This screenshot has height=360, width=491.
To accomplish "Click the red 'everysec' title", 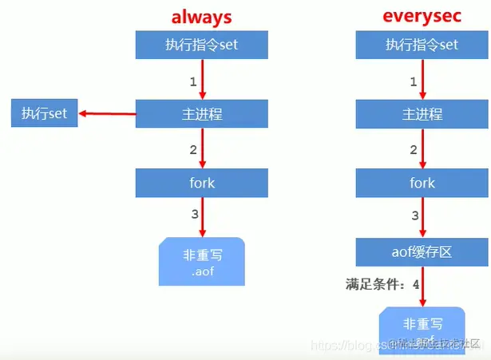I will click(x=422, y=17).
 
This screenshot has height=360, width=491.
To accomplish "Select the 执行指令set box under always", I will click(x=201, y=45).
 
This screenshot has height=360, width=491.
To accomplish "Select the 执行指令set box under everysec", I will click(x=422, y=45).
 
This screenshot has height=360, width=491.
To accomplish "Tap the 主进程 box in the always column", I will click(x=201, y=113).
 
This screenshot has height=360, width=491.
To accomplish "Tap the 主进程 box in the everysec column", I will click(x=422, y=113).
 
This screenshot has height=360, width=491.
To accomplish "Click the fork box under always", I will click(x=201, y=183).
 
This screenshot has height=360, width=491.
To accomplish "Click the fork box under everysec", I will click(x=422, y=183).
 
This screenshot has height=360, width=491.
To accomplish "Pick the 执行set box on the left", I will click(x=44, y=113).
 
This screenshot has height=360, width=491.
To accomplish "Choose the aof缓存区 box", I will click(x=422, y=252).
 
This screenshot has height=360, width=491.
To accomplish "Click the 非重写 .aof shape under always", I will click(x=201, y=264).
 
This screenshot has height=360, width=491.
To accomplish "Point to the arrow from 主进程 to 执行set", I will click(x=107, y=113).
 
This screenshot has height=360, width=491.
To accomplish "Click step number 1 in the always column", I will click(x=192, y=81).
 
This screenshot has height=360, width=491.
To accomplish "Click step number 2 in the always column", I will click(x=192, y=149).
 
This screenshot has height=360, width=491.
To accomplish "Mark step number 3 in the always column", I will click(x=192, y=214).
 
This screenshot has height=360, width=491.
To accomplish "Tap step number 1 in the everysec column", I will click(x=413, y=81).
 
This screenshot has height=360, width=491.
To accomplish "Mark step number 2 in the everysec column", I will click(x=413, y=149).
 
